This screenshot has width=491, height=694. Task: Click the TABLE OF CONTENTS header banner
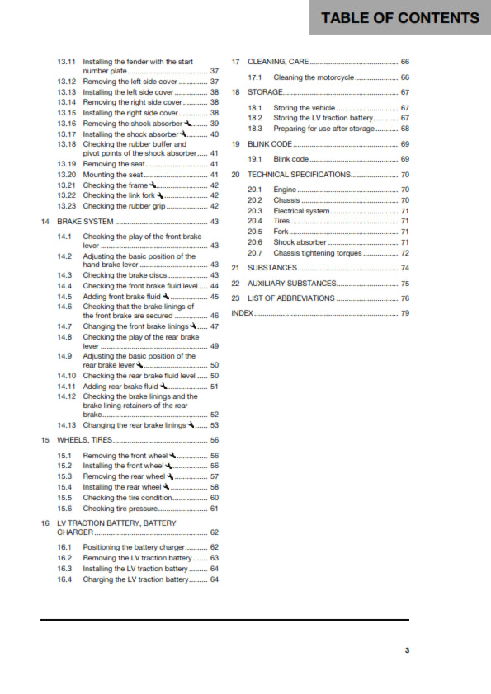[x=400, y=17]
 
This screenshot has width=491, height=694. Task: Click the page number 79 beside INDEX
[x=404, y=314]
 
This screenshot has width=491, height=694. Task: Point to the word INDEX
[x=242, y=314]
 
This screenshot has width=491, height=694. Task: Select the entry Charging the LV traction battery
[x=135, y=579]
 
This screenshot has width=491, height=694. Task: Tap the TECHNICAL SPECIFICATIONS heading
[x=299, y=175]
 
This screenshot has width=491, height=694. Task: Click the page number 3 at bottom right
[x=406, y=650]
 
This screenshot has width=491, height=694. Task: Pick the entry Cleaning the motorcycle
[x=313, y=77]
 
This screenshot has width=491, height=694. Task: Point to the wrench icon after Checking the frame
[x=153, y=185]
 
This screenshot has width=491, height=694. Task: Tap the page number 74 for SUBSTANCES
[x=404, y=268]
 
